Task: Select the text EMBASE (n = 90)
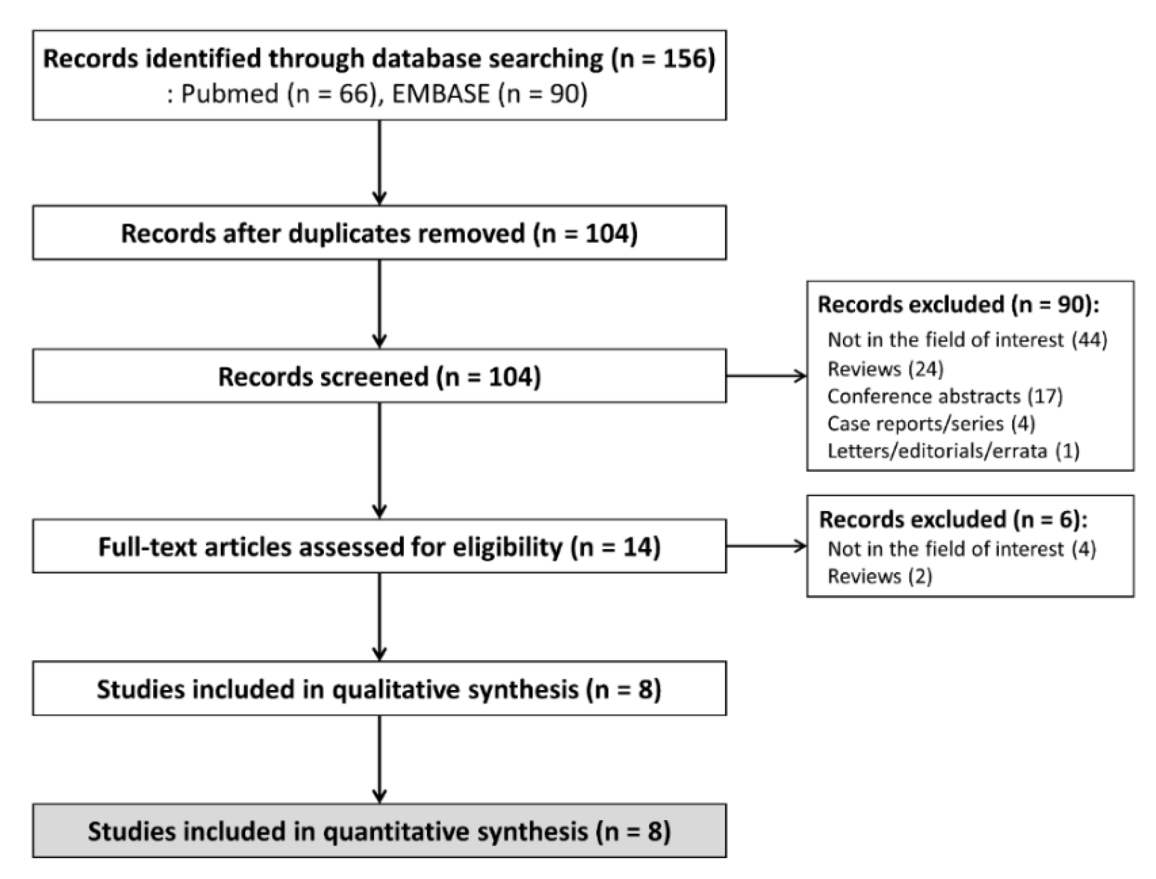pyautogui.click(x=489, y=94)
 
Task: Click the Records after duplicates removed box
pyautogui.click(x=380, y=233)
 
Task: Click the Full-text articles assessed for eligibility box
pyautogui.click(x=380, y=547)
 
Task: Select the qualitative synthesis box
pyautogui.click(x=380, y=689)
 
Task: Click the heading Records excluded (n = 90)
pyautogui.click(x=958, y=305)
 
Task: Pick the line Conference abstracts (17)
pyautogui.click(x=945, y=396)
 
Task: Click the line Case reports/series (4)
pyautogui.click(x=931, y=423)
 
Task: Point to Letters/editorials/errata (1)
pyautogui.click(x=953, y=451)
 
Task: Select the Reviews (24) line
pyautogui.click(x=885, y=369)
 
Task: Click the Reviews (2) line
pyautogui.click(x=880, y=576)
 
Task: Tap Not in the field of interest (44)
pyautogui.click(x=967, y=340)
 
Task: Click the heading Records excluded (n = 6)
pyautogui.click(x=953, y=520)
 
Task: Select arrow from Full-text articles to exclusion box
pyautogui.click(x=766, y=547)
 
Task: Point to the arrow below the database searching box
pyautogui.click(x=380, y=162)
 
